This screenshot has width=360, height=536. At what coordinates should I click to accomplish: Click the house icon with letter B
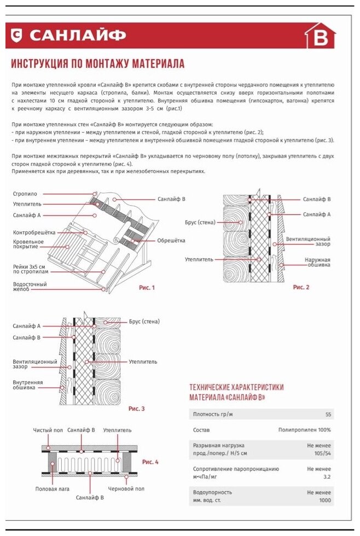point(320,37)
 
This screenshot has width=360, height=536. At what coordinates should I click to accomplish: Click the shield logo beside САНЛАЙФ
point(18,36)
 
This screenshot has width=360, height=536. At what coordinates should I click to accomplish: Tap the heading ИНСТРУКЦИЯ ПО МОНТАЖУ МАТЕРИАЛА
point(97,64)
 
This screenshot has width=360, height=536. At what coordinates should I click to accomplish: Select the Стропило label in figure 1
point(25,194)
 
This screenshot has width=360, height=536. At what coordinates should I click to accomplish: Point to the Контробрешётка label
point(34,232)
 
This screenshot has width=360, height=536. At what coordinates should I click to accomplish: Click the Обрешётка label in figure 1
point(171,241)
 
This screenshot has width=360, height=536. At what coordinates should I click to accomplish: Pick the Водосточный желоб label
point(30,287)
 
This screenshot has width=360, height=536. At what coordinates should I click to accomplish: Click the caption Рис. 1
point(147,288)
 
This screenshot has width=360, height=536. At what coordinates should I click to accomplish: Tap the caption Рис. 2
point(301,287)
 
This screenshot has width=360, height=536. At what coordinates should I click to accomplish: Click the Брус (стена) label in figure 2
point(200,223)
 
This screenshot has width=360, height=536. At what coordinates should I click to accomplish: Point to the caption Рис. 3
point(136,409)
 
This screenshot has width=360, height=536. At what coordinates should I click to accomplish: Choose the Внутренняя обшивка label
point(27,385)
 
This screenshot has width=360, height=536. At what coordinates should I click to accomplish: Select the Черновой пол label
point(126,488)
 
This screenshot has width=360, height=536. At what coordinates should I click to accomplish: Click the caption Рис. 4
point(150,462)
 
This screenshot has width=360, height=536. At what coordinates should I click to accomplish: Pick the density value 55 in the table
point(328,415)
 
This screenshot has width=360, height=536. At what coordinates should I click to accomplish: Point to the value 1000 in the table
point(325,500)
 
